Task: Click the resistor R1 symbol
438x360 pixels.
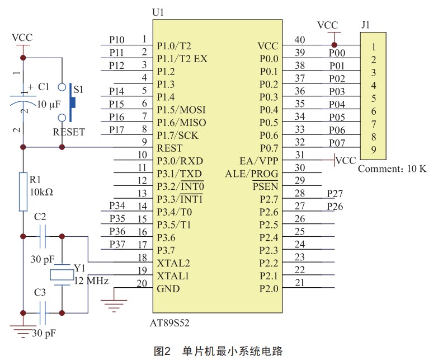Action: coord(23,192)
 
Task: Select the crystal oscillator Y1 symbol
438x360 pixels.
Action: coord(62,274)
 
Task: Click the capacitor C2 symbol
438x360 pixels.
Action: coord(43,236)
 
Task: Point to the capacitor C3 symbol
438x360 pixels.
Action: coord(43,313)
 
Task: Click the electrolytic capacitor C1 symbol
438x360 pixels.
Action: coord(23,101)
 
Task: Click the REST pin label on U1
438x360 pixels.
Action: coord(169,148)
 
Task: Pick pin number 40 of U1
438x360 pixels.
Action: coord(300,40)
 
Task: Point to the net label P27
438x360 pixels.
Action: coord(336,193)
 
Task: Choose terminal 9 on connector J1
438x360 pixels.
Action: coord(373,149)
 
